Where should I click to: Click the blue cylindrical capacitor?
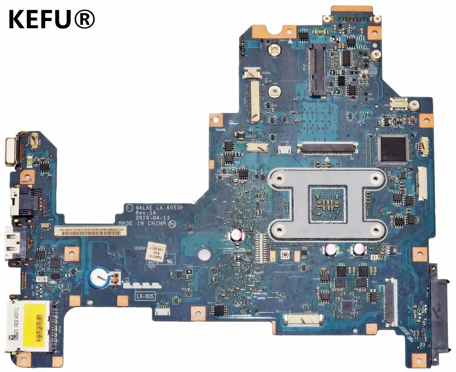[x=98, y=275]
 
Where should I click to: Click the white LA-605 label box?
[x=145, y=296]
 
